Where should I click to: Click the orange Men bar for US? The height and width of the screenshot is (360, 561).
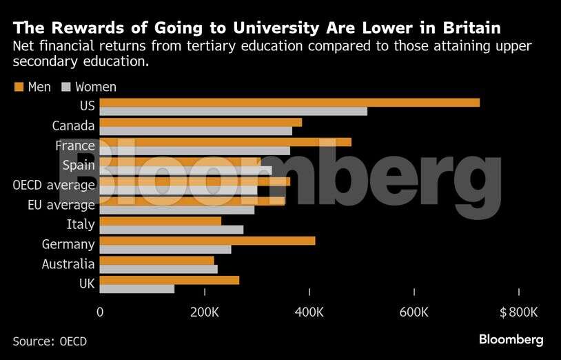coord(289,103)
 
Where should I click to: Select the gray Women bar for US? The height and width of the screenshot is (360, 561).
coord(233,112)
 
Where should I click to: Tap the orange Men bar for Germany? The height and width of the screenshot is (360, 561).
coord(207,241)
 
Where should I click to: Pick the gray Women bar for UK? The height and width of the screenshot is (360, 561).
coord(137,289)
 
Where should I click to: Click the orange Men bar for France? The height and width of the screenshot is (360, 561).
coord(225,142)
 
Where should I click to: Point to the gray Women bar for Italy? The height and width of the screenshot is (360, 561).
coord(172,230)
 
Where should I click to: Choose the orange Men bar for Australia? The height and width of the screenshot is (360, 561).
coord(157,260)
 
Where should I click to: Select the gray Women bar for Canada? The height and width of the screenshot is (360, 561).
coord(196,131)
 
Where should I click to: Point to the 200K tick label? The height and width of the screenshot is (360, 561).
coord(205,312)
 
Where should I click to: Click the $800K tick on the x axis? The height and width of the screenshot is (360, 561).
coord(518,312)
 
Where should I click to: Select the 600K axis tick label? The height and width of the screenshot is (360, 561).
coord(414,312)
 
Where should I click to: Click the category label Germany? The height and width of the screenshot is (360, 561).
coord(68,244)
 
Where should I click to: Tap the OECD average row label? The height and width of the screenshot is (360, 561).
coord(54,186)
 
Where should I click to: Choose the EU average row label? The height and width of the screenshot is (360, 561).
coord(61,205)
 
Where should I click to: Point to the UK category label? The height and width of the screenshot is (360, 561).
coord(87,283)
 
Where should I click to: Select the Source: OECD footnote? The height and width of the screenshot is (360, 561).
coord(50,341)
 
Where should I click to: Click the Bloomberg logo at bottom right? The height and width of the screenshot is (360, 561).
coord(511,340)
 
